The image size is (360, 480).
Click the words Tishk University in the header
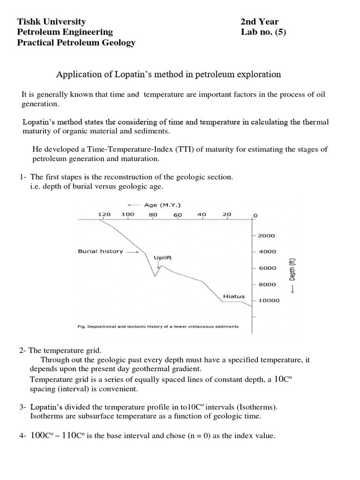[x=52, y=22]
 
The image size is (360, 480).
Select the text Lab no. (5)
[x=263, y=32]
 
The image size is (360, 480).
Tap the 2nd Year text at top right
[x=259, y=22]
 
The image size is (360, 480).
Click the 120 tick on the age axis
[x=104, y=214]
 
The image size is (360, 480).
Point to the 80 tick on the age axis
[x=153, y=214]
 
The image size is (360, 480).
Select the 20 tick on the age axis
[x=227, y=214]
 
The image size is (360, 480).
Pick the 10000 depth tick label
[x=269, y=300]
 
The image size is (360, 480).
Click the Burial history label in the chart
[x=100, y=251]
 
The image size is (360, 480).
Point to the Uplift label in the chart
[x=163, y=257]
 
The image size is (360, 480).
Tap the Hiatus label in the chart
[x=233, y=296]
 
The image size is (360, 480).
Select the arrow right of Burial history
[x=133, y=252]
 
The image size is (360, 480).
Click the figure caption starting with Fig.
[x=158, y=326]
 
